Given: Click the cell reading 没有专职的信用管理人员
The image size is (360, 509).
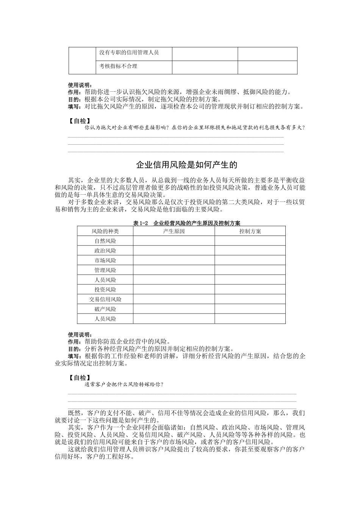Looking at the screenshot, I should tap(129, 53).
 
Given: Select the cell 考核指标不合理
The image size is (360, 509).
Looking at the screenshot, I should tap(118, 66).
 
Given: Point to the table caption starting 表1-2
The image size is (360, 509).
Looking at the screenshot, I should tap(187, 223).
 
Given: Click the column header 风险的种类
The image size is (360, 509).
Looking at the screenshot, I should tap(105, 231).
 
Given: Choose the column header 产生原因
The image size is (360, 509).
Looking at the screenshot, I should tap(174, 231).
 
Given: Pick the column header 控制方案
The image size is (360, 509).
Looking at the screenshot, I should tap(250, 231).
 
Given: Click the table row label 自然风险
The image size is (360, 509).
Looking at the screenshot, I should tap(105, 241).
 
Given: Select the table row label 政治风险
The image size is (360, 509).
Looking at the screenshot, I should tap(105, 251).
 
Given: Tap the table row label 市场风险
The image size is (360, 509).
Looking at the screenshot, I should tap(105, 261).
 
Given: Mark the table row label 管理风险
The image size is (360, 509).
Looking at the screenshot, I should tap(105, 270).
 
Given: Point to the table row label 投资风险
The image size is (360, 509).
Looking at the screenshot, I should tap(105, 290).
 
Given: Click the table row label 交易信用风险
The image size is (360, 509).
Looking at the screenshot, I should tap(105, 300).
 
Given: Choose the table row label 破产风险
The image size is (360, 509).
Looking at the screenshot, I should tap(105, 309).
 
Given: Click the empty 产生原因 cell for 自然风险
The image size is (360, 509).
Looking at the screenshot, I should tap(174, 241).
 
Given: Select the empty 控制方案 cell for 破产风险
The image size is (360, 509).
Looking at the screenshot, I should tap(250, 309).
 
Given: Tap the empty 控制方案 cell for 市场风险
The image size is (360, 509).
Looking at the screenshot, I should tap(250, 261).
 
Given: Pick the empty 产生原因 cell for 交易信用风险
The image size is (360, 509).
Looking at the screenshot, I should tap(174, 300).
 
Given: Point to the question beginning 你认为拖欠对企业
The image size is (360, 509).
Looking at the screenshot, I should tap(195, 128).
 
